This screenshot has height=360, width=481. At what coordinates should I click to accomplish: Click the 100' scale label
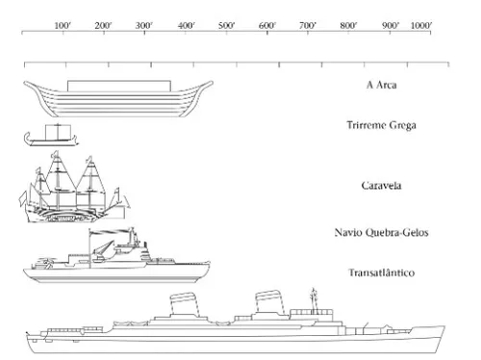63,25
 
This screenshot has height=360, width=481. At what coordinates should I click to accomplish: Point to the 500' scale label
226,25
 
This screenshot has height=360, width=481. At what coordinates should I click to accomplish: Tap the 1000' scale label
420,25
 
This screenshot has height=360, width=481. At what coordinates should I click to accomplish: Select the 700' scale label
308,25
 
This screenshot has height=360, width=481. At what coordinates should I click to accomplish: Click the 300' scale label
144,25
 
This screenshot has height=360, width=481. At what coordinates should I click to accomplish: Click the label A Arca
381,85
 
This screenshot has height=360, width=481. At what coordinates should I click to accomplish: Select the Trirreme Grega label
381,125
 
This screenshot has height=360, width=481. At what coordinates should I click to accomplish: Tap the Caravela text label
381,185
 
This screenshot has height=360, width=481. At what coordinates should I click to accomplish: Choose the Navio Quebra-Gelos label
381,233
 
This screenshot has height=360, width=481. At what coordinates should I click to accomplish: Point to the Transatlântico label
381,273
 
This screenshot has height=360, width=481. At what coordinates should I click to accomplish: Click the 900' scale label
390,25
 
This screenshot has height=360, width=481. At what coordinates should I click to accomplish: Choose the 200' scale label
104,25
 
